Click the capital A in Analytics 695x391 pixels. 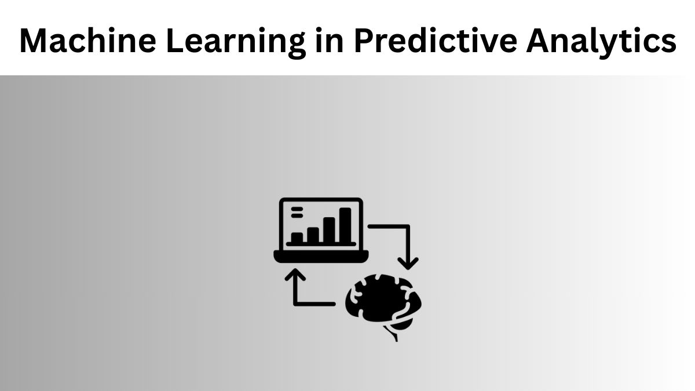coord(540,41)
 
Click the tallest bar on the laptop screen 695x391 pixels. coord(345,224)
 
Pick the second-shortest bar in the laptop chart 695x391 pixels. coord(313,234)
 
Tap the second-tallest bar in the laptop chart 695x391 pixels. coord(330,229)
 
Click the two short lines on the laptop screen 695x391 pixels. coord(297,212)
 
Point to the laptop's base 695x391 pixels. coord(321,255)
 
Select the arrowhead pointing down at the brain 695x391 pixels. coord(409,262)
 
